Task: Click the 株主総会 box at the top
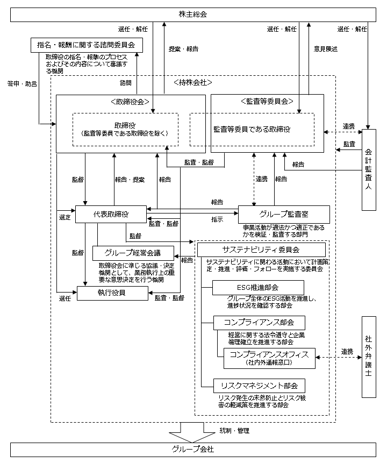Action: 193,13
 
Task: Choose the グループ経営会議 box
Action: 133,253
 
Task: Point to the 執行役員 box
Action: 112,293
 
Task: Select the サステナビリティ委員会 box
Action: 261,250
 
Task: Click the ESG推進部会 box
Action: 250,288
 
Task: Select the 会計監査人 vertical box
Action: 368,169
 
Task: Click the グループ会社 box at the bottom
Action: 193,450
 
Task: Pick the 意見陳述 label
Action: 326,48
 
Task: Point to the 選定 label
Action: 65,217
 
